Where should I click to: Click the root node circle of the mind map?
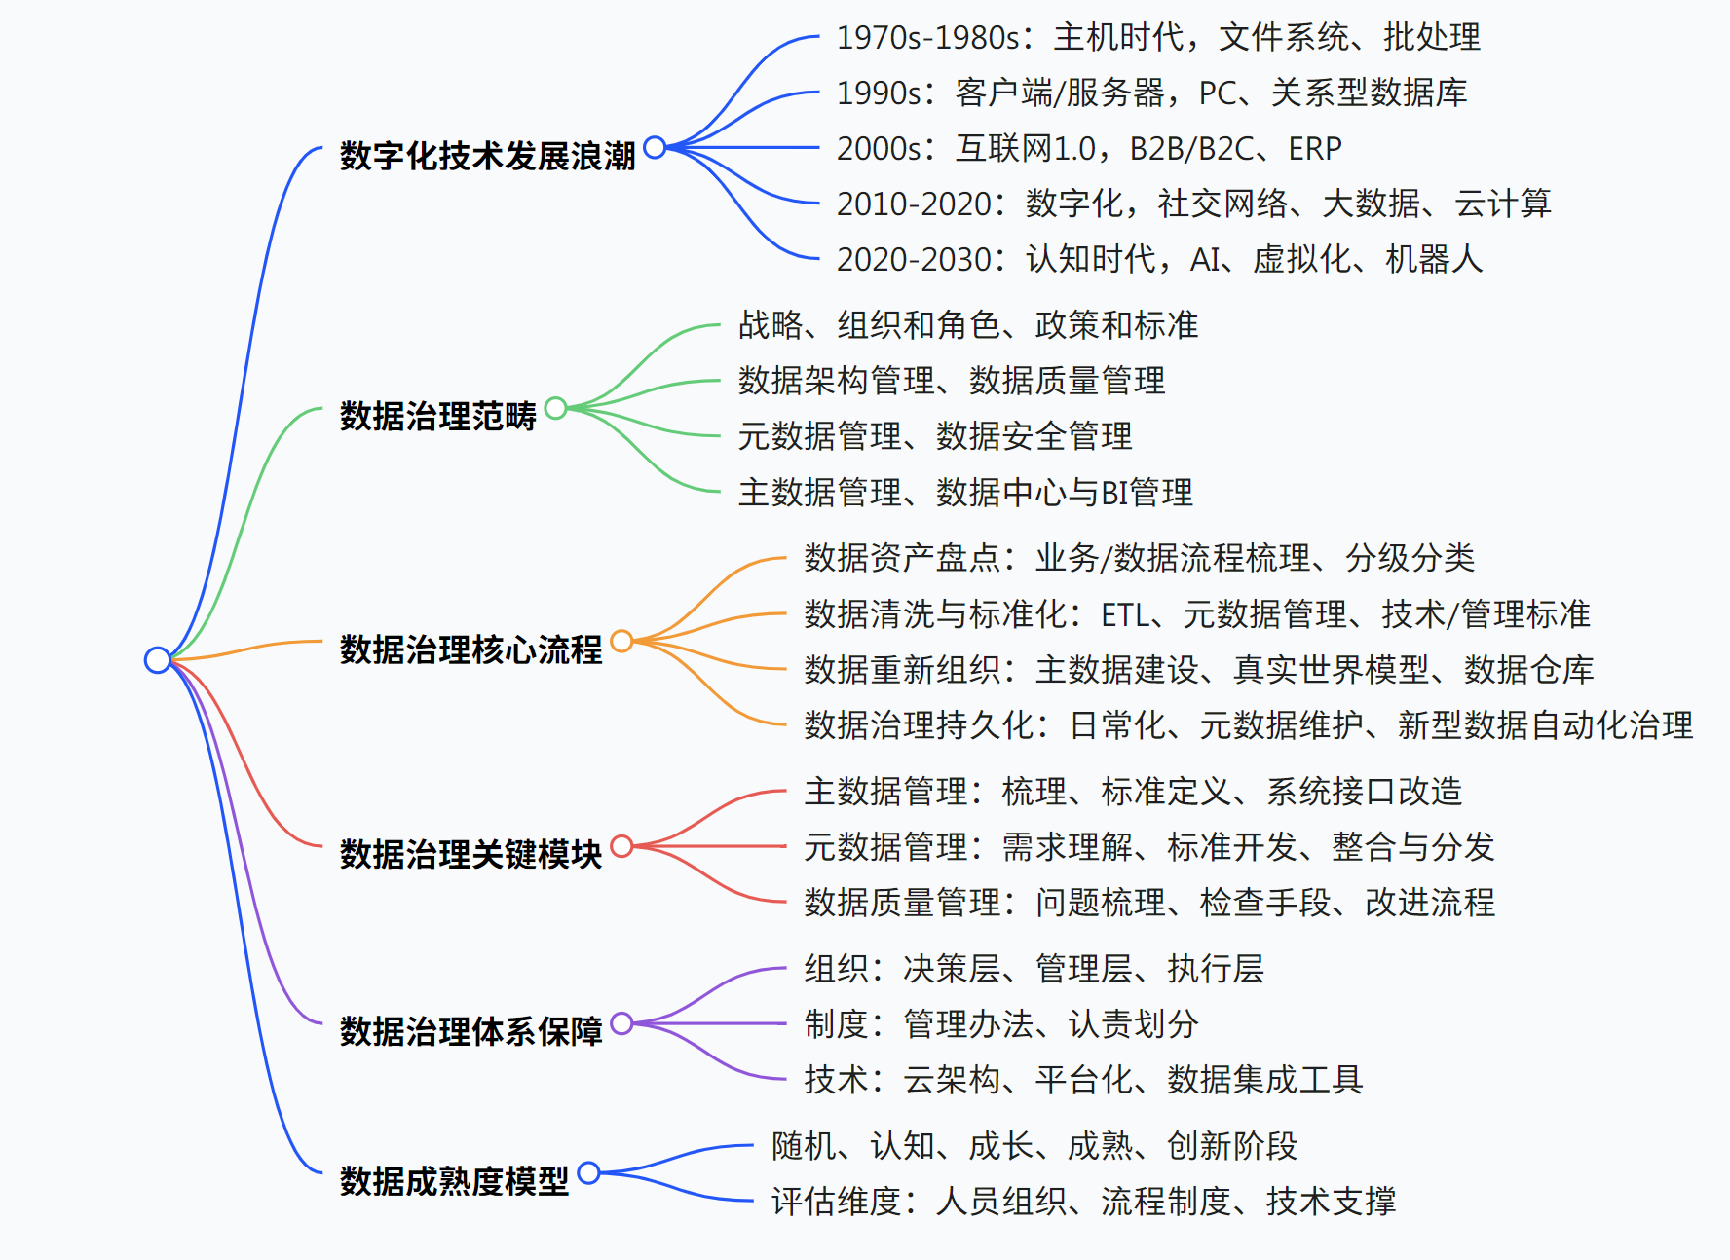[157, 659]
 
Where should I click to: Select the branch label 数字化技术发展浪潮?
[487, 156]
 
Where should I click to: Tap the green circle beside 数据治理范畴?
[555, 408]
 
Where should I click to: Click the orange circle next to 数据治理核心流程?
[621, 641]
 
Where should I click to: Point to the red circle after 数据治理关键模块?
[621, 846]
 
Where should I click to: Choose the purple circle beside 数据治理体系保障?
[621, 1023]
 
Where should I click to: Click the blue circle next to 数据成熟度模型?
[588, 1172]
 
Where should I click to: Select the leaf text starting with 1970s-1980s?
[1157, 37]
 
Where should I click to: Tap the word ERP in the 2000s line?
[1314, 148]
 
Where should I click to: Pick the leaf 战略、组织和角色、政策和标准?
[967, 325]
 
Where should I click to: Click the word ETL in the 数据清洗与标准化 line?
[1125, 614]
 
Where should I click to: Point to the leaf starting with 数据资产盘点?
[1139, 558]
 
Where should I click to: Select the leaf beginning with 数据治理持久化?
[1248, 725]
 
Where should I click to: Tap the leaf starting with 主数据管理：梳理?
[1133, 792]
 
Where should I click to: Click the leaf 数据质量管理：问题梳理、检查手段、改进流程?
[1148, 903]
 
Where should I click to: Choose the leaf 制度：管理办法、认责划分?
[1000, 1024]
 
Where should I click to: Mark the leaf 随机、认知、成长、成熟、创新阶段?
[1034, 1146]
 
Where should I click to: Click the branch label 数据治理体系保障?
[470, 1031]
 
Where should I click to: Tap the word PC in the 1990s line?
[1217, 93]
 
